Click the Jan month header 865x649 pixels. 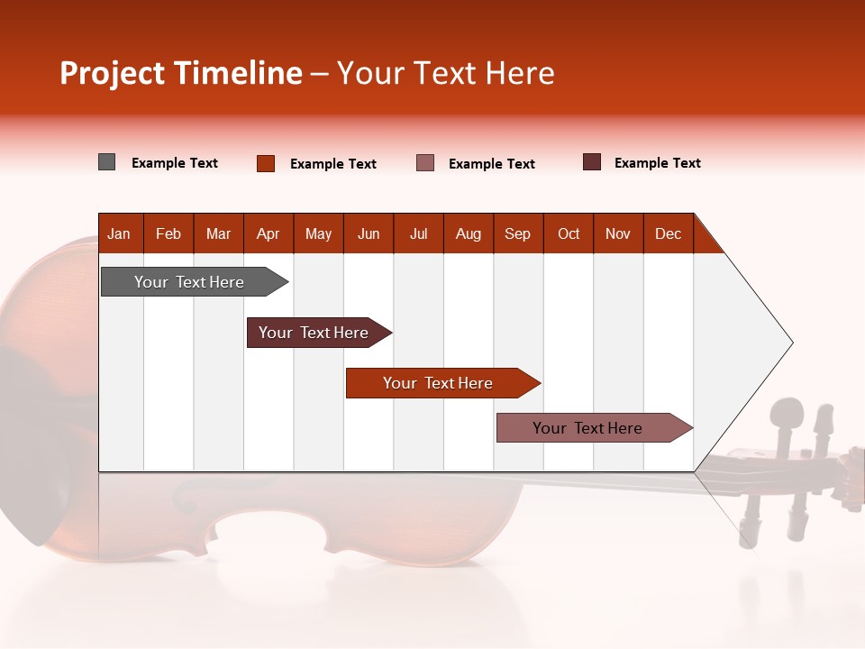pyautogui.click(x=120, y=233)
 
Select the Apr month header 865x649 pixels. pyautogui.click(x=269, y=233)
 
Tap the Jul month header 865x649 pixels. pyautogui.click(x=418, y=233)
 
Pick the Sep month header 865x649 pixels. pyautogui.click(x=518, y=233)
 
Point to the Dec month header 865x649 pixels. pyautogui.click(x=668, y=233)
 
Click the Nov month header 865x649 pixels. pyautogui.click(x=618, y=233)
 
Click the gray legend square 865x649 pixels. pyautogui.click(x=107, y=162)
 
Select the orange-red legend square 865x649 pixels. pyautogui.click(x=266, y=163)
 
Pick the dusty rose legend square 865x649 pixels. pyautogui.click(x=425, y=162)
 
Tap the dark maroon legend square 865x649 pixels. pyautogui.click(x=592, y=162)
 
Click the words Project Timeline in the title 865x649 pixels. pyautogui.click(x=181, y=73)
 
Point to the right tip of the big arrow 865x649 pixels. pyautogui.click(x=791, y=343)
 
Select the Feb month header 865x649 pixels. pyautogui.click(x=168, y=233)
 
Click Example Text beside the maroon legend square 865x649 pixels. pyautogui.click(x=657, y=163)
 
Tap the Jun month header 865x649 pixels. pyautogui.click(x=369, y=233)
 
